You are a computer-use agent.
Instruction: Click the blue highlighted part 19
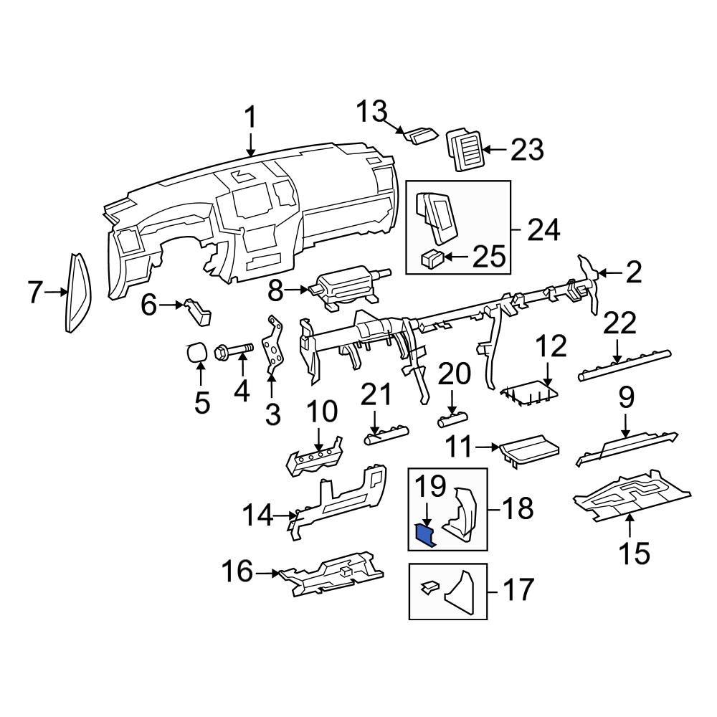427,534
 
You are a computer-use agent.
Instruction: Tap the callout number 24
543,231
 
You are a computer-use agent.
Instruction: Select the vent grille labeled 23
465,150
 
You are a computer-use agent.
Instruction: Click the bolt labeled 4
233,351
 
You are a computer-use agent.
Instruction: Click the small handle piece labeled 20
452,416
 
